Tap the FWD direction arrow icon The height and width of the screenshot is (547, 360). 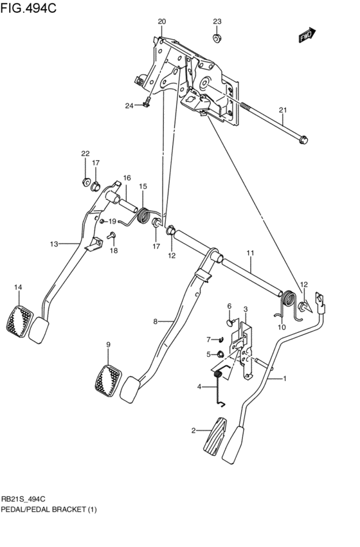click(x=307, y=36)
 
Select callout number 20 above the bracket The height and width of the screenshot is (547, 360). click(x=161, y=21)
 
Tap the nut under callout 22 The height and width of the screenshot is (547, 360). click(x=85, y=182)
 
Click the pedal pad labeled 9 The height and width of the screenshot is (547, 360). click(x=107, y=379)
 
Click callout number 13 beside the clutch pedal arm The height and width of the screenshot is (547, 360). click(x=54, y=244)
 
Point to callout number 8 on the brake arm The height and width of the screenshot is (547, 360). click(x=155, y=321)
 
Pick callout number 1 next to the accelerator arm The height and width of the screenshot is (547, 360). click(x=285, y=379)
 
